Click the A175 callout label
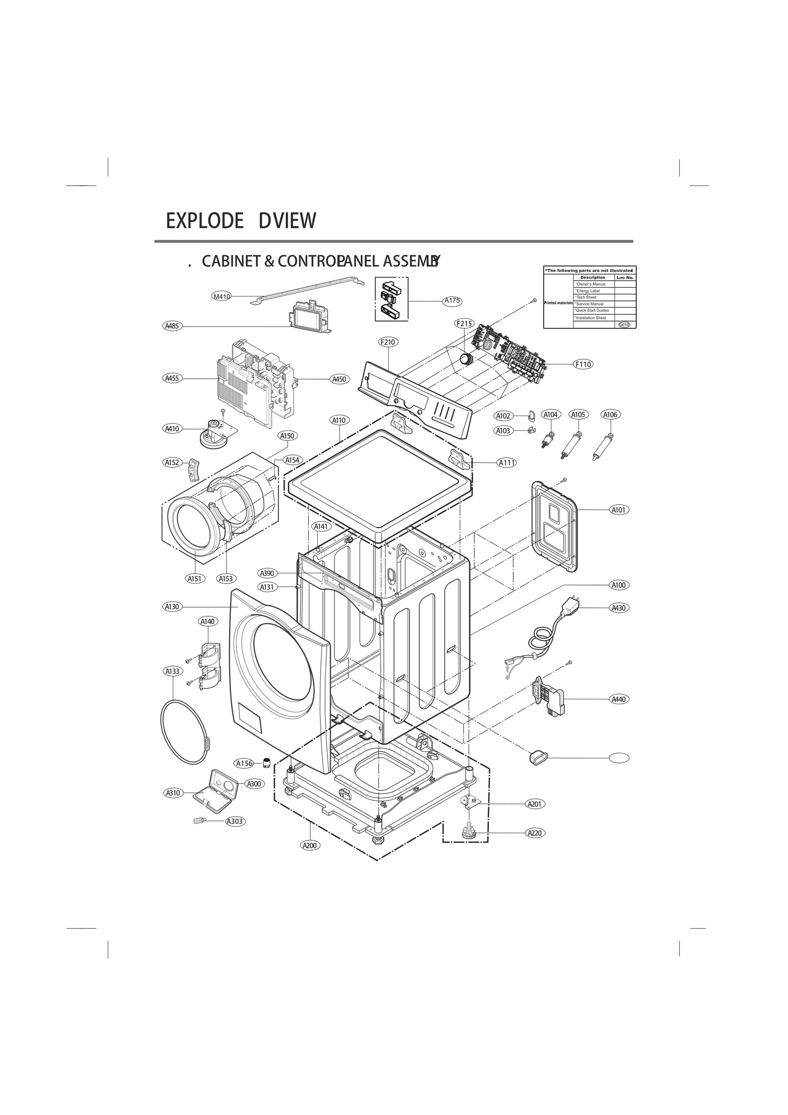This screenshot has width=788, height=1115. (452, 300)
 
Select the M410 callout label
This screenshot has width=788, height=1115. (221, 296)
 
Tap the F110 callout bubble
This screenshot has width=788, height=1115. (583, 364)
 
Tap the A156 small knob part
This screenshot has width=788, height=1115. (266, 762)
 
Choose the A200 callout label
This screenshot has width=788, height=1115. (310, 845)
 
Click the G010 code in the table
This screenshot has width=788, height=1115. (624, 325)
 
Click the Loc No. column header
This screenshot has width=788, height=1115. (624, 278)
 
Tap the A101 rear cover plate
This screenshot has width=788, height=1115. (555, 527)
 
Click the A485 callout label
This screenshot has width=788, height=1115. (172, 326)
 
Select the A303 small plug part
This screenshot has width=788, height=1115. (198, 820)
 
